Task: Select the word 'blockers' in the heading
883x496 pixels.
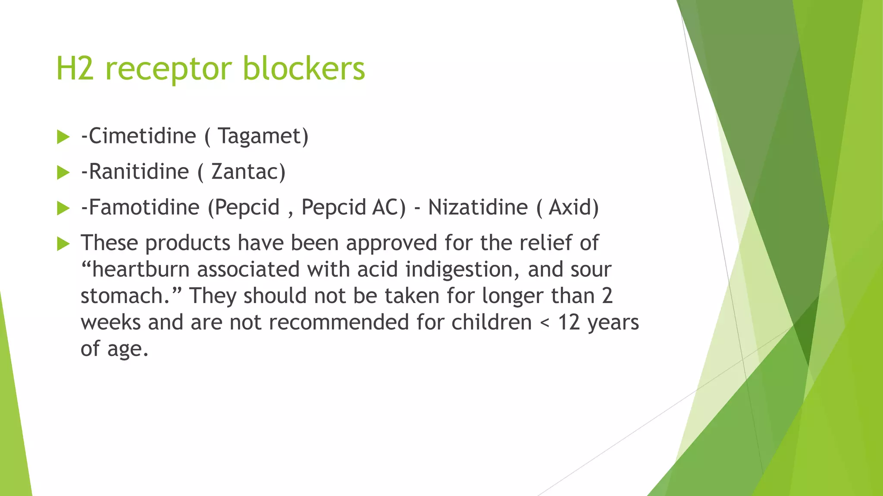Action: (x=304, y=69)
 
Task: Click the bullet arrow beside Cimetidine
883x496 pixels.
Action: (x=63, y=137)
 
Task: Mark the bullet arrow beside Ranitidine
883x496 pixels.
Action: (x=63, y=173)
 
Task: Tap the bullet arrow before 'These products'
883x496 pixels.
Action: (x=63, y=244)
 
